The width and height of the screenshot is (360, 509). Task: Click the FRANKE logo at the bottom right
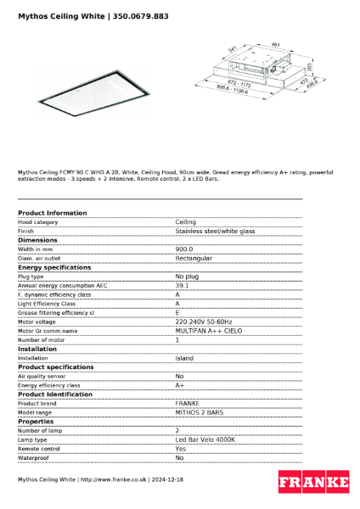pyautogui.click(x=313, y=483)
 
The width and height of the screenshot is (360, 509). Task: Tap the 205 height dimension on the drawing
pyautogui.click(x=311, y=65)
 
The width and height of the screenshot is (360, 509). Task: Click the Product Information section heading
pyautogui.click(x=52, y=213)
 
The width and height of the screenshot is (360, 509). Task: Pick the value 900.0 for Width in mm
pyautogui.click(x=184, y=249)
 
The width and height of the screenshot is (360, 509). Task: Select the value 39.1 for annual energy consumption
pyautogui.click(x=182, y=286)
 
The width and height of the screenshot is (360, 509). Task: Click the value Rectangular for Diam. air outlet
pyautogui.click(x=194, y=258)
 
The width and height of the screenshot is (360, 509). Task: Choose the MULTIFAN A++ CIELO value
pyautogui.click(x=208, y=331)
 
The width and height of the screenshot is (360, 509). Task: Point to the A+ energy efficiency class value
pyautogui.click(x=180, y=385)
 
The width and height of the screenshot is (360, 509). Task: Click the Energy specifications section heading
pyautogui.click(x=54, y=267)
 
